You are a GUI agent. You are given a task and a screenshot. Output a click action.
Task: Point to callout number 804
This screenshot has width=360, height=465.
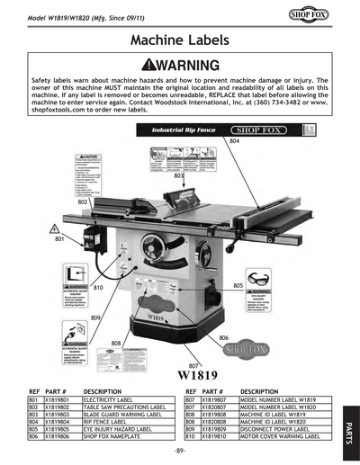[234, 141]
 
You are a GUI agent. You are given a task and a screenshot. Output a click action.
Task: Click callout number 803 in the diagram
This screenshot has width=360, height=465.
[179, 177]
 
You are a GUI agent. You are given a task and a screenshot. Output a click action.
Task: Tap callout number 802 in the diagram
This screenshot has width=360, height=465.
[83, 202]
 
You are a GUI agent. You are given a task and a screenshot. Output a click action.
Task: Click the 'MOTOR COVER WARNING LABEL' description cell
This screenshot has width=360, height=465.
[282, 434]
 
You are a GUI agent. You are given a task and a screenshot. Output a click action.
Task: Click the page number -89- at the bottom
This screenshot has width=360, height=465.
[180, 449]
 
